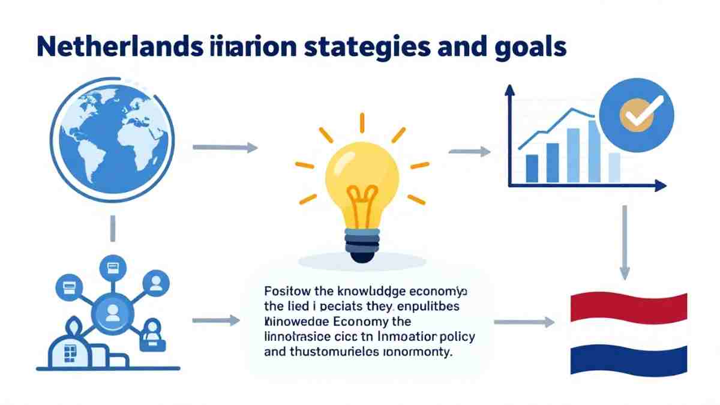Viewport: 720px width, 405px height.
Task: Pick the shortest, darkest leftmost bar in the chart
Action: (x=532, y=169)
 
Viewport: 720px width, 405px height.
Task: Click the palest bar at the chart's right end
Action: (x=614, y=167)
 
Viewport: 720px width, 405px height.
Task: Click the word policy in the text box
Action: (x=456, y=336)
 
